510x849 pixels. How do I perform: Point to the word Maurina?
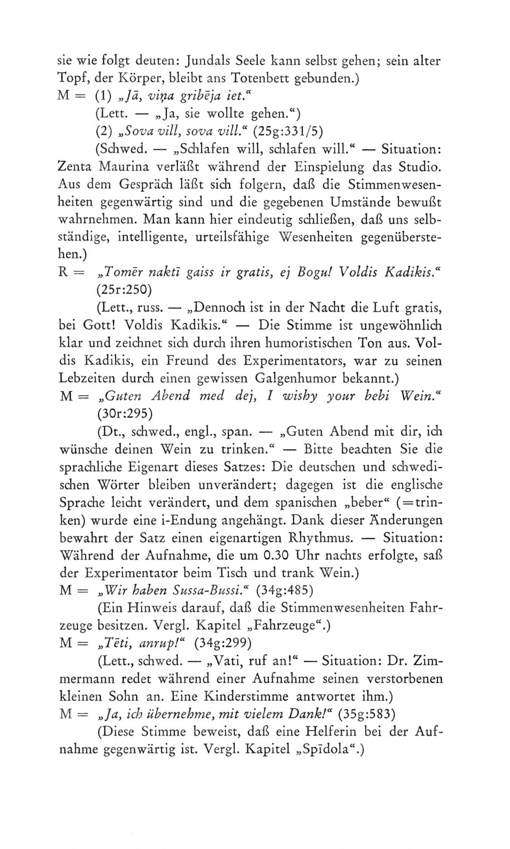click(122, 167)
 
